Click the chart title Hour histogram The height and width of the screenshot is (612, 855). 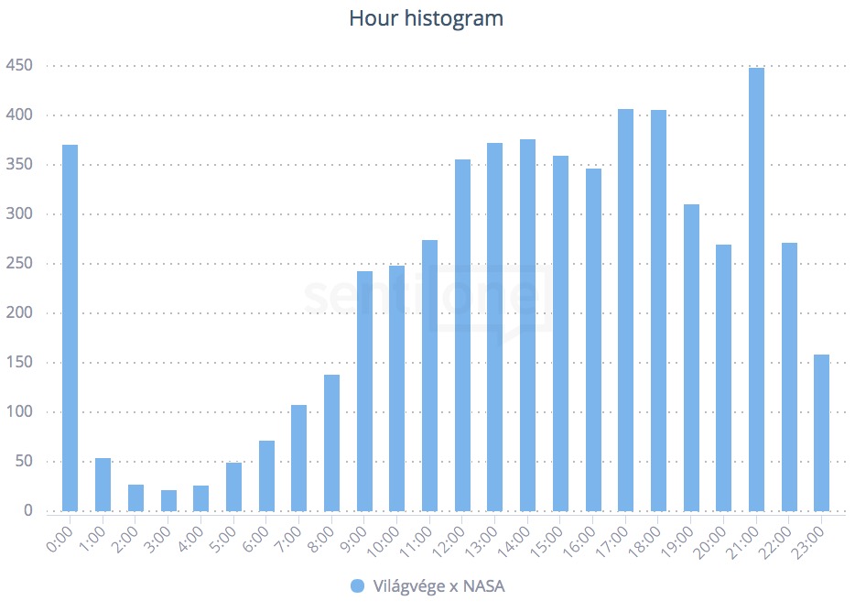[427, 18]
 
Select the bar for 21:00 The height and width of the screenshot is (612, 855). [756, 290]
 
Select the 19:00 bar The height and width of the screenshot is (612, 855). [691, 357]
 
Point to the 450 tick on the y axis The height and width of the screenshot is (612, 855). [19, 66]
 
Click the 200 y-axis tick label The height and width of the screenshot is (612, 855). [19, 313]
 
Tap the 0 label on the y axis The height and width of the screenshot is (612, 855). [27, 511]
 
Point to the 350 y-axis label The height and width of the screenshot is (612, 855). [19, 165]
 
